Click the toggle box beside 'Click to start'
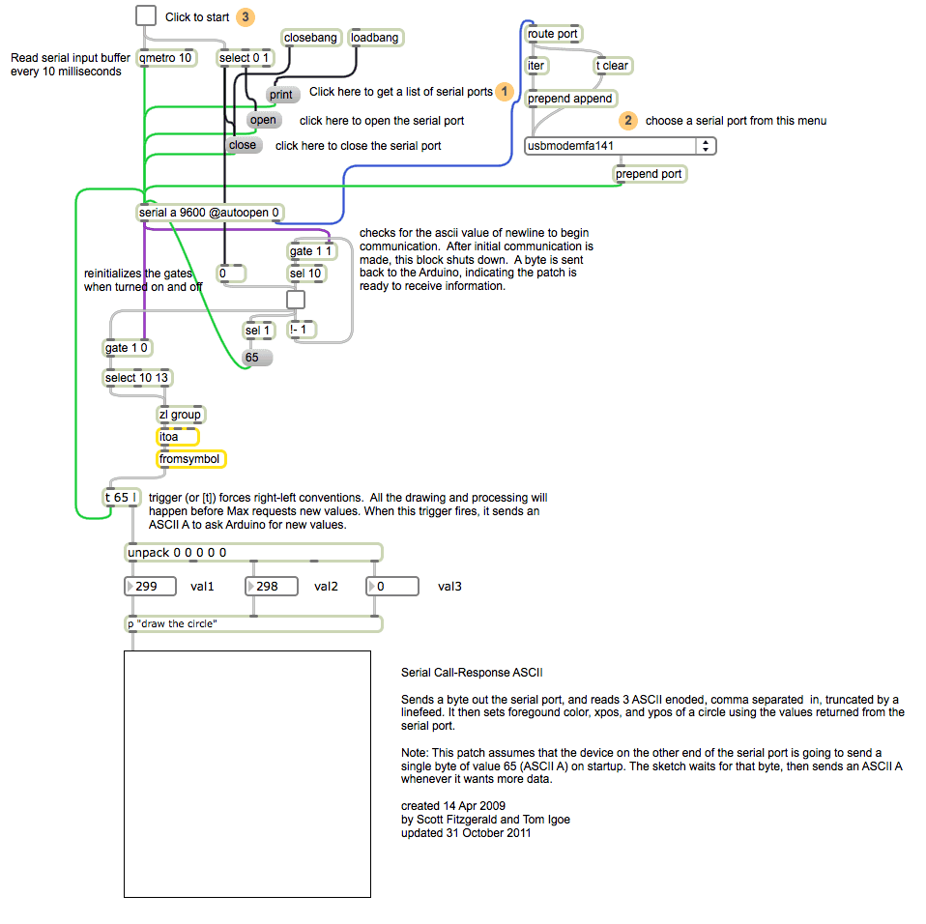[x=146, y=16]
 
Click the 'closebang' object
[x=311, y=38]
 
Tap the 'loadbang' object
[x=375, y=38]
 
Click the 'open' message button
[x=263, y=120]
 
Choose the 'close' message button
[x=243, y=145]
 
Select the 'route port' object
[x=553, y=34]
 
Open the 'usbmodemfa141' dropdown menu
[x=620, y=146]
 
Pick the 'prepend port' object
[x=649, y=174]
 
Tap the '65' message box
[x=257, y=358]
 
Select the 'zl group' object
[x=182, y=415]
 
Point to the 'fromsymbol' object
[x=191, y=459]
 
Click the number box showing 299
[x=152, y=587]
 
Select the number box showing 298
[x=274, y=587]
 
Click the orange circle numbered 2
[x=629, y=121]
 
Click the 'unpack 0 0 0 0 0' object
[x=253, y=553]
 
